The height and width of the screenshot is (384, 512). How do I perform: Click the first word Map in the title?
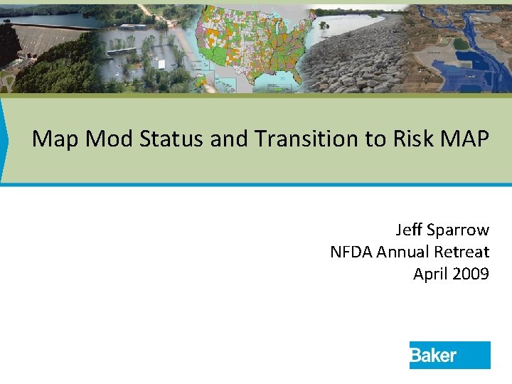coord(55,138)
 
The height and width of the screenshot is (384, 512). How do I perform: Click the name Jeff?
coord(410,230)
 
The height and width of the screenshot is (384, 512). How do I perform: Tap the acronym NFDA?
coord(351,252)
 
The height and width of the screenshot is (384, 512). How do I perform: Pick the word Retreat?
coord(461,252)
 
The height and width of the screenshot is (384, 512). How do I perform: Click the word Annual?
coord(402,252)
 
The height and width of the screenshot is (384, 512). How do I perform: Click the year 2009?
coord(471,274)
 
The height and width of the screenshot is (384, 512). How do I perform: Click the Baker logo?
coord(449,355)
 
